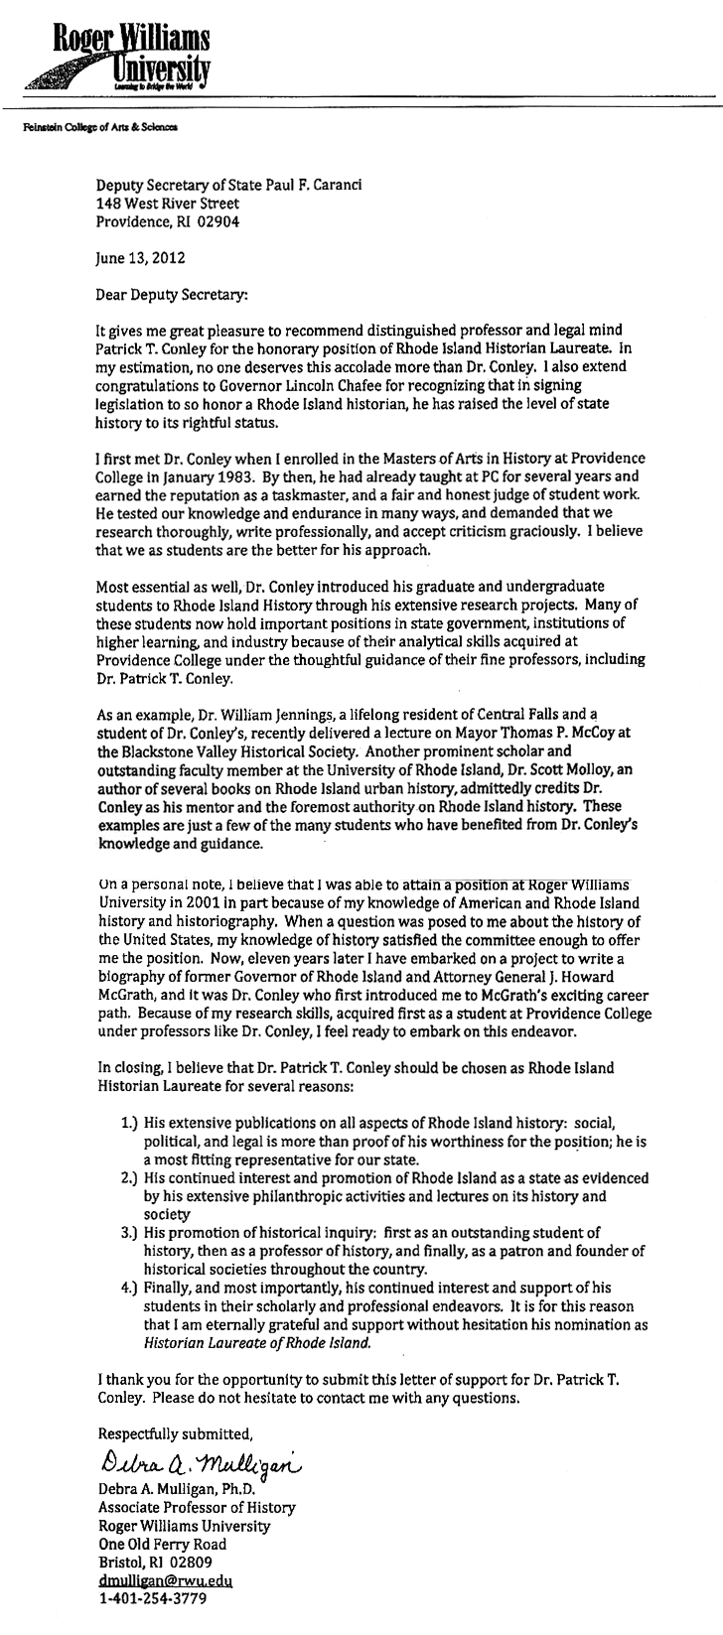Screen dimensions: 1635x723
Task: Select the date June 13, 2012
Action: [140, 255]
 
